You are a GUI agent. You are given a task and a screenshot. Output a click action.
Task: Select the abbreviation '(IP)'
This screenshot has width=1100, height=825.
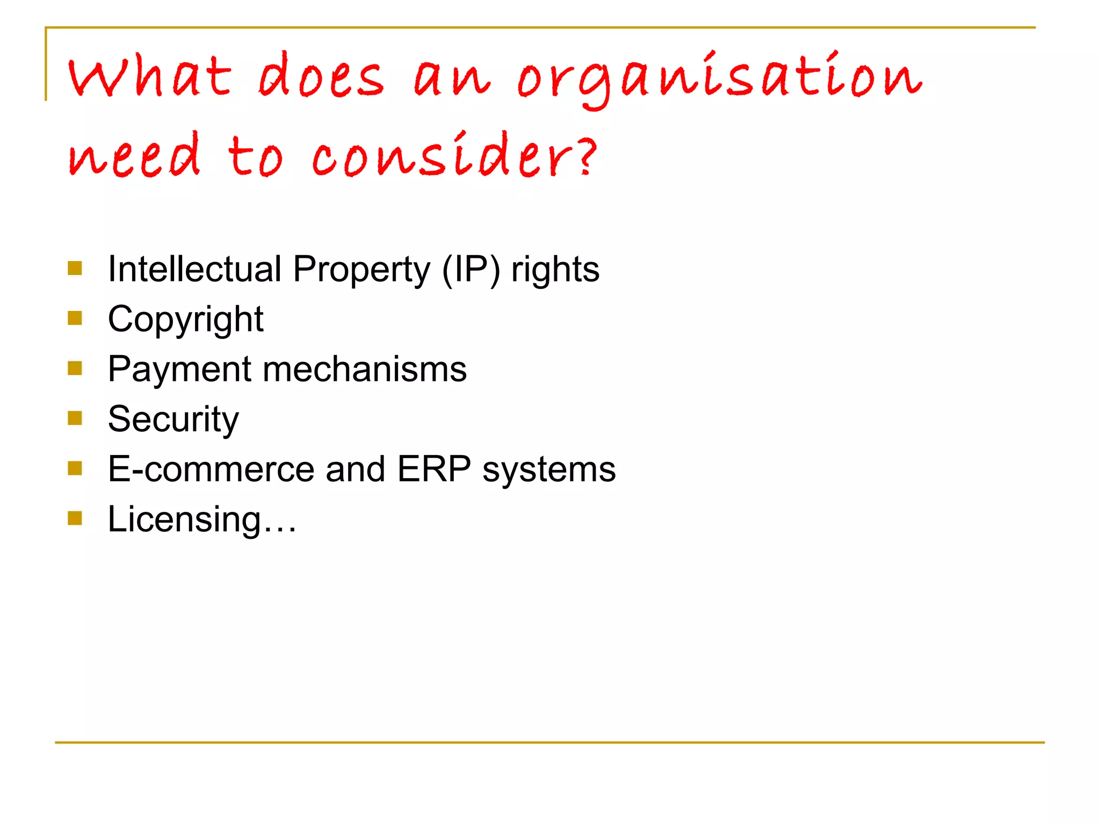[x=471, y=269]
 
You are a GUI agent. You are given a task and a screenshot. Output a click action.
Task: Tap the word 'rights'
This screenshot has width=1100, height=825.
[x=555, y=270]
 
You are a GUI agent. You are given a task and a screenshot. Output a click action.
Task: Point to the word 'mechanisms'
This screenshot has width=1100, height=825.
[x=365, y=369]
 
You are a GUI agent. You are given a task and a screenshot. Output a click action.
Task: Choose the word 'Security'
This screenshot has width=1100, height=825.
[x=173, y=420]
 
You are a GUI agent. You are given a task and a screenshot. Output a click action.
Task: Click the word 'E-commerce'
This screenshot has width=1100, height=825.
[x=211, y=469]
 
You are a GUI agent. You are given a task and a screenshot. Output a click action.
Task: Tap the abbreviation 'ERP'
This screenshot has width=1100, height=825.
[x=434, y=469]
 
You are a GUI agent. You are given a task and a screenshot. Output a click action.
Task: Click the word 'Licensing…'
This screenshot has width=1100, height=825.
[x=202, y=520]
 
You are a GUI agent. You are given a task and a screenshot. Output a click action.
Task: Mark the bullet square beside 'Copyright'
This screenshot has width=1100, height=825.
[x=75, y=319]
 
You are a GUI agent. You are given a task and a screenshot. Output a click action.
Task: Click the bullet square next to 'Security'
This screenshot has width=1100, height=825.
[x=75, y=418]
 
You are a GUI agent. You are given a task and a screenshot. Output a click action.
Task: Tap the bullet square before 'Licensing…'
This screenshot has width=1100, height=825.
[x=75, y=518]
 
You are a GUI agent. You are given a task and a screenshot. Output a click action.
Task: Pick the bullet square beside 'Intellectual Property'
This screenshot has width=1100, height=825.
[x=75, y=268]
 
